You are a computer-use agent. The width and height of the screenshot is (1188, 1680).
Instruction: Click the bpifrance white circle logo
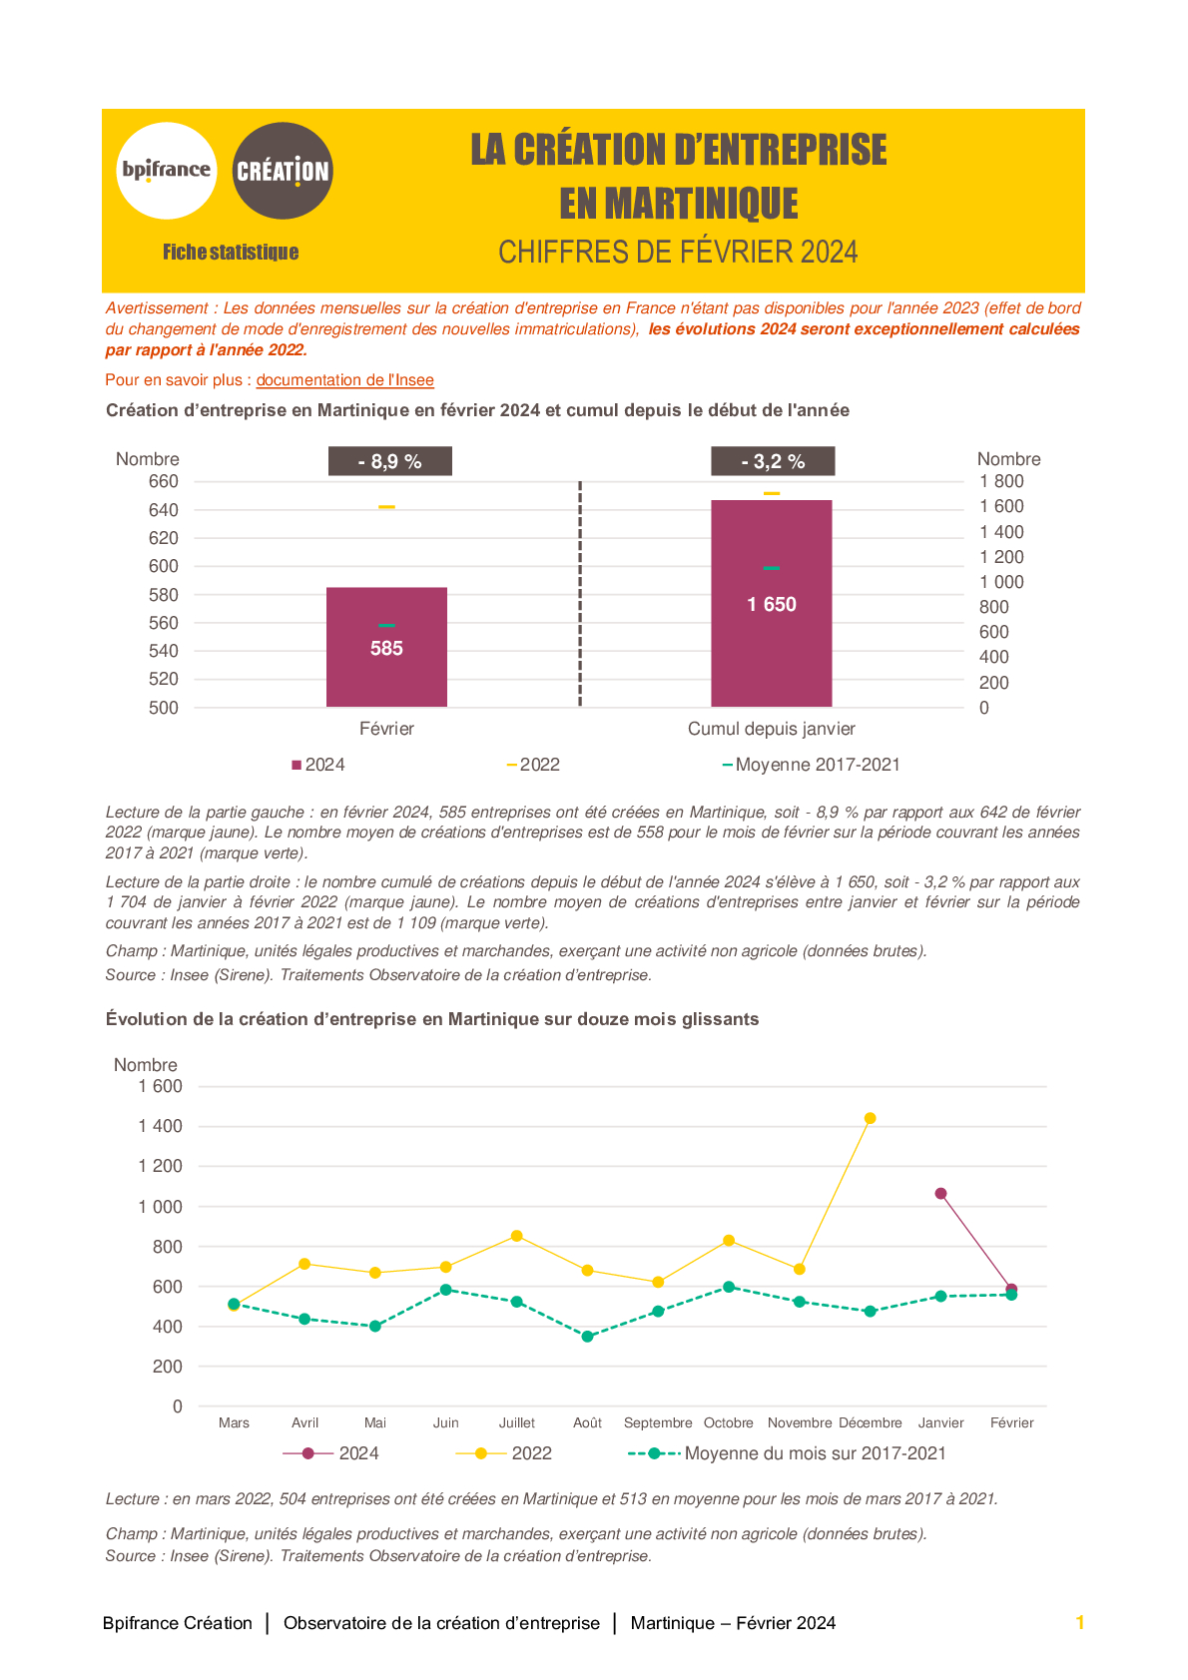click(167, 171)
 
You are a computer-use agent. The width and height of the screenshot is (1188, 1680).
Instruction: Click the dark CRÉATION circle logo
click(283, 171)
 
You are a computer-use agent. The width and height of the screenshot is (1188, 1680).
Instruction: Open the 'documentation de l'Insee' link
click(345, 380)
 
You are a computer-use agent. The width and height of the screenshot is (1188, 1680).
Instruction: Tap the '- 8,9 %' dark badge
click(390, 461)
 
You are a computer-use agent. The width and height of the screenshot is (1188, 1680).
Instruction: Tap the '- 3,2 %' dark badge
click(773, 461)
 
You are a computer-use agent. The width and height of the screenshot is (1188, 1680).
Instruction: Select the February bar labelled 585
click(386, 647)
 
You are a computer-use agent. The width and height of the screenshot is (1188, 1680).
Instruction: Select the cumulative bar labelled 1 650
click(771, 603)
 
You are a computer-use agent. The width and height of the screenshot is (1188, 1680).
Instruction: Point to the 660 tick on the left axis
click(164, 481)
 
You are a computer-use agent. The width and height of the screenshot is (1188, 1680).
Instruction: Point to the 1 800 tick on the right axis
click(1001, 481)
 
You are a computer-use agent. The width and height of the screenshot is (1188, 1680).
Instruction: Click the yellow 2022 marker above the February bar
click(386, 507)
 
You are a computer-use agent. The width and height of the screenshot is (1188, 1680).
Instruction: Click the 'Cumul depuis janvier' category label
click(771, 729)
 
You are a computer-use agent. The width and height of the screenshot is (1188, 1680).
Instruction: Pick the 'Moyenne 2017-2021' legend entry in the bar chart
click(811, 765)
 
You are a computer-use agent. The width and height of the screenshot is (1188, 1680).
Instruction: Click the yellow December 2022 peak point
click(870, 1118)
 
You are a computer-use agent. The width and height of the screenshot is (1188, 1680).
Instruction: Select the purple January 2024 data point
click(940, 1193)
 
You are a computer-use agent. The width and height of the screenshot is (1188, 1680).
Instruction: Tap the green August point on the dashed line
click(587, 1337)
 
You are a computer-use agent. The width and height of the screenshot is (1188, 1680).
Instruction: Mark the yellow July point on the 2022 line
click(517, 1236)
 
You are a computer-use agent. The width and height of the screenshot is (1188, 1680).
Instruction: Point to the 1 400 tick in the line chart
click(160, 1126)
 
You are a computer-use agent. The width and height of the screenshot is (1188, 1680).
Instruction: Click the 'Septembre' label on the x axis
click(658, 1422)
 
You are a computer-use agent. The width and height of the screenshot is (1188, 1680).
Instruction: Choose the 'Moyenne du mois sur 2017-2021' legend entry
click(787, 1453)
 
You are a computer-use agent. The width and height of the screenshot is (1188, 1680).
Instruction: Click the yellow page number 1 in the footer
click(1080, 1622)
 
